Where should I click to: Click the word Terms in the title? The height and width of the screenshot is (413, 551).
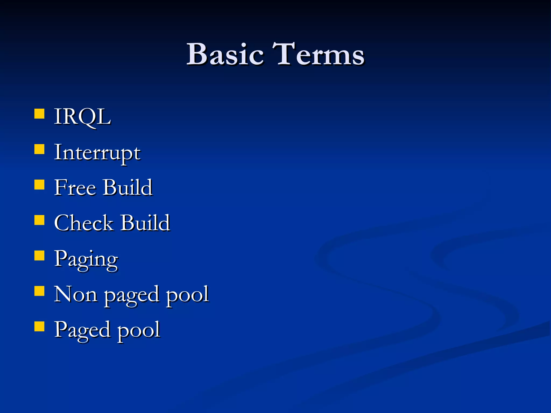coord(318,54)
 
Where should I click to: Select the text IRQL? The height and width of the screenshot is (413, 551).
coord(82,117)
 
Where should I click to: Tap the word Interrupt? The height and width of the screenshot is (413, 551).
coord(97,153)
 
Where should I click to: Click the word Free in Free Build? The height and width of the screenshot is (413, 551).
coord(75,188)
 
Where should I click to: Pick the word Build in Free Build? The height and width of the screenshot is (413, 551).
coord(128,188)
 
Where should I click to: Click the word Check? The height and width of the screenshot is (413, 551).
coord(84,223)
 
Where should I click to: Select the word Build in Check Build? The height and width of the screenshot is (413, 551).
coord(145,223)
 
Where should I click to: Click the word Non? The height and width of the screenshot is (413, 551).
coord(76,294)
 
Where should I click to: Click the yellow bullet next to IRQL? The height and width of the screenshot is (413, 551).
coord(40,114)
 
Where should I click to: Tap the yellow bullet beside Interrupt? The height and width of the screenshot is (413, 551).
coord(40,149)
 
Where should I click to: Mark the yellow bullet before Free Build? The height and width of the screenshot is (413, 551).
coord(40,185)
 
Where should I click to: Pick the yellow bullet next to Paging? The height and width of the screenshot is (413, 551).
coord(40,256)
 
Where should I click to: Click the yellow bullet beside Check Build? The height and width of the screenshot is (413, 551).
coord(40,220)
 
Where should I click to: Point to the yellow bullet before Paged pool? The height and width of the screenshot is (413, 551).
coord(40,326)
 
